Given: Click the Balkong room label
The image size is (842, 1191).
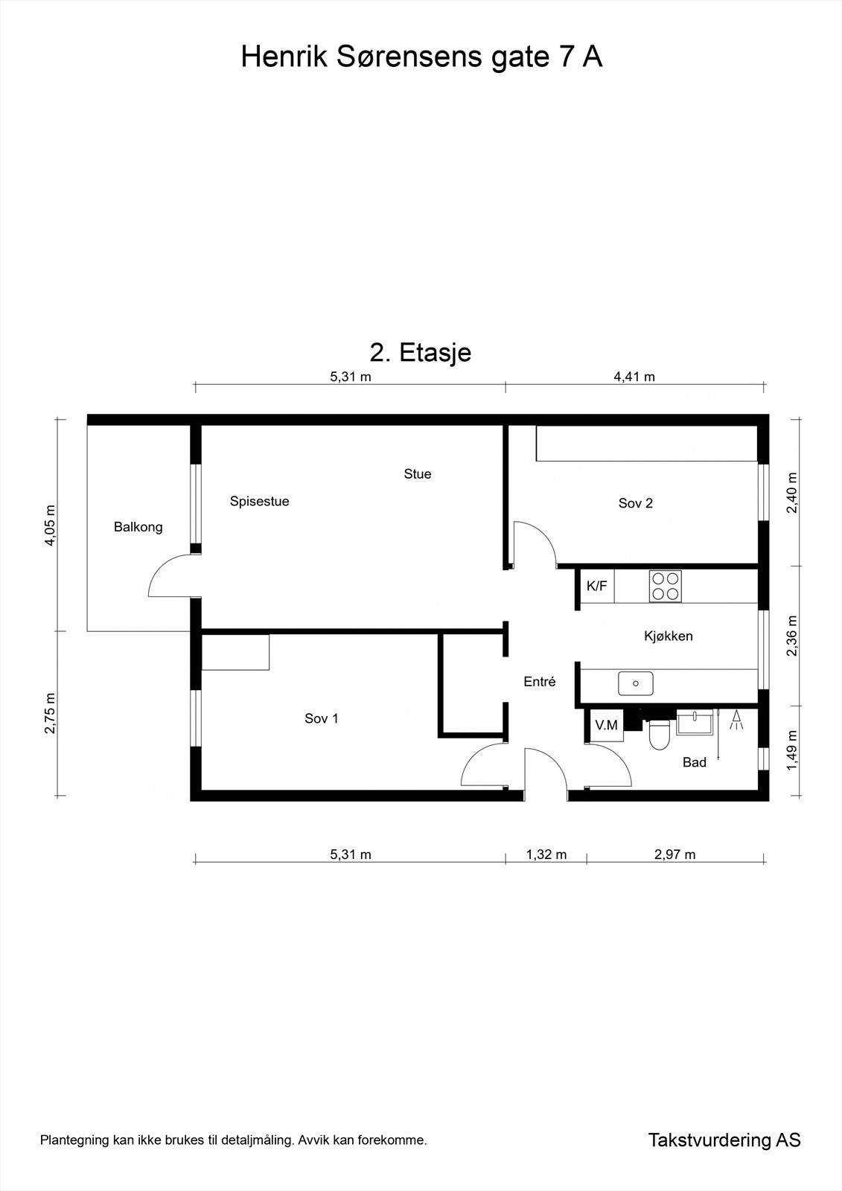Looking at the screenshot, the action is pyautogui.click(x=138, y=528).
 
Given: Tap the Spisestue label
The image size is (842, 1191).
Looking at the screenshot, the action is pyautogui.click(x=260, y=502).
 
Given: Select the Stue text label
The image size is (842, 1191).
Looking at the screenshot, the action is pyautogui.click(x=418, y=473).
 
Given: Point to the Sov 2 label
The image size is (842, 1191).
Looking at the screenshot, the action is pyautogui.click(x=636, y=503).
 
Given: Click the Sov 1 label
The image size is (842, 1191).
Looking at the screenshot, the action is pyautogui.click(x=322, y=718).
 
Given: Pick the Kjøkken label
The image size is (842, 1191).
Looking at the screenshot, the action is pyautogui.click(x=669, y=636).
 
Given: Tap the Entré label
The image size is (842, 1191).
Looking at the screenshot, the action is pyautogui.click(x=540, y=682).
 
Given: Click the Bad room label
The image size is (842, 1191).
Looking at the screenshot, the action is pyautogui.click(x=695, y=762).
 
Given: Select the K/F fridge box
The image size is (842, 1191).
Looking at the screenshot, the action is pyautogui.click(x=597, y=586).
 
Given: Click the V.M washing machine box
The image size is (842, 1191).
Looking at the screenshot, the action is pyautogui.click(x=606, y=725).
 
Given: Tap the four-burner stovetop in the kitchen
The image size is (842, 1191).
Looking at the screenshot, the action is pyautogui.click(x=665, y=586).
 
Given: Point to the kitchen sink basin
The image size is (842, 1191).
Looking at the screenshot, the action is pyautogui.click(x=636, y=684).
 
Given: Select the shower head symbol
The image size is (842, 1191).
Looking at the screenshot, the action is pyautogui.click(x=737, y=720).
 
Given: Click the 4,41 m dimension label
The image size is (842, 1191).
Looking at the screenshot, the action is pyautogui.click(x=634, y=377).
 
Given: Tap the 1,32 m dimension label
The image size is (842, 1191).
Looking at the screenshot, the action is pyautogui.click(x=546, y=855).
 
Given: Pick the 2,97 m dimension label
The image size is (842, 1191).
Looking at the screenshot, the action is pyautogui.click(x=675, y=855).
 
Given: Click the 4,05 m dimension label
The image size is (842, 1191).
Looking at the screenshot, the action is pyautogui.click(x=50, y=525).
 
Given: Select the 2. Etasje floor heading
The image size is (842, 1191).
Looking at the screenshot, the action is pyautogui.click(x=421, y=352).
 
